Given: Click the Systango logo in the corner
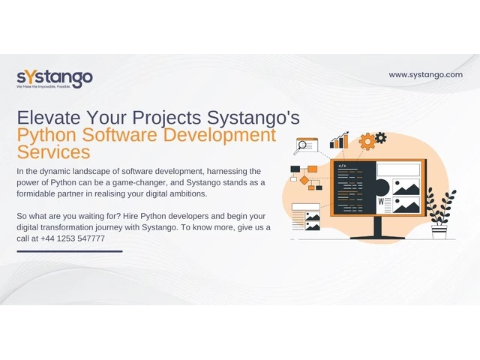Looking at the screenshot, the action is [x=55, y=79].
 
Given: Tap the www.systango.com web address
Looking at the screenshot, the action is [x=425, y=75].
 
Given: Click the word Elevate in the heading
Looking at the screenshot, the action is [x=49, y=117].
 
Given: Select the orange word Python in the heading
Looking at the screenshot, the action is [x=46, y=135].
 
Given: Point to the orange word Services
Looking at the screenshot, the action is [x=53, y=151].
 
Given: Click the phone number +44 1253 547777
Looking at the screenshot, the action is [x=73, y=238].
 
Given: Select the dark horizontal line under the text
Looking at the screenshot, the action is [x=70, y=251].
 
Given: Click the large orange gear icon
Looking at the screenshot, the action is [x=367, y=142].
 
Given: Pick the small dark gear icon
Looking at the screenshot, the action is [x=380, y=138].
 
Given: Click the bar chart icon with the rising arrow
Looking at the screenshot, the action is [x=339, y=140].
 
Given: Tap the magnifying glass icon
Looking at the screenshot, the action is [x=301, y=146].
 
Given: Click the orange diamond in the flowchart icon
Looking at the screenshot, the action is [x=304, y=180].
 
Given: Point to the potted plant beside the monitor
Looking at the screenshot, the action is [x=440, y=214].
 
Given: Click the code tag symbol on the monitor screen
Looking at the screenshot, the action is [x=342, y=166].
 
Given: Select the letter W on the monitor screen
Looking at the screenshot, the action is [x=381, y=202].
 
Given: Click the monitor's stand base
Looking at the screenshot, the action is [x=378, y=237].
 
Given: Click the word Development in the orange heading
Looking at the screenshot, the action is [x=220, y=135].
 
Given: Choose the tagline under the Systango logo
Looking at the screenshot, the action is [x=43, y=87].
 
